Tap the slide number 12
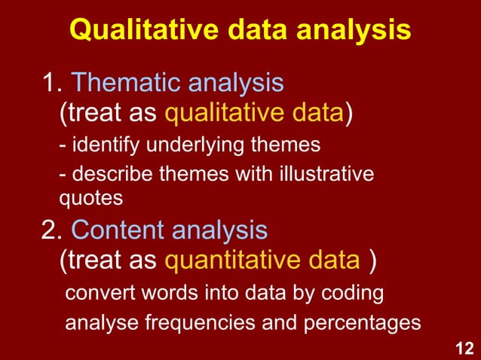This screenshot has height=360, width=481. [464, 348]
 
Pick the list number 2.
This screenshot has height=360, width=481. [51, 229]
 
